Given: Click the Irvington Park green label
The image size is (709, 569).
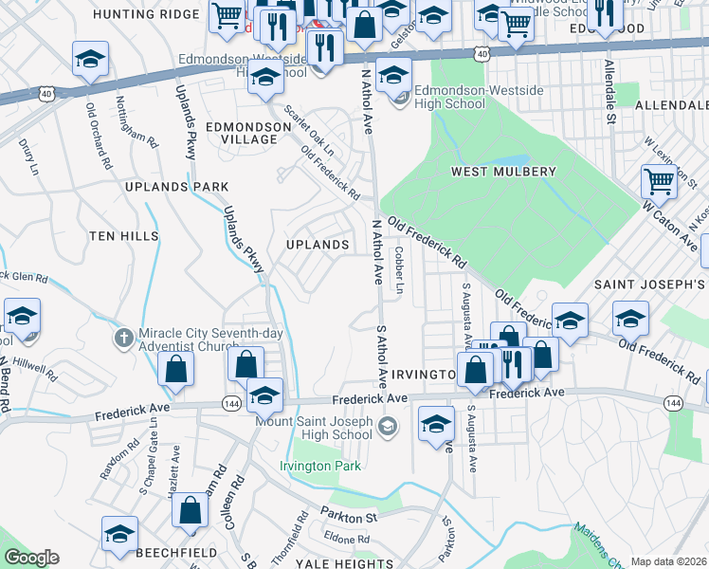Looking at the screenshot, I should point(320,466).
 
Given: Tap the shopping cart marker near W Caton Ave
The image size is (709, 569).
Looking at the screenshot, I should point(658,180).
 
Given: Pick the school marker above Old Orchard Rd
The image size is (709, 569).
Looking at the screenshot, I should point(91,62).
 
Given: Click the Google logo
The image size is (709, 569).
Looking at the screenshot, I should point(31,558).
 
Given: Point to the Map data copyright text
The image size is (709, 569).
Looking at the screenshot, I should point(668,561).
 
